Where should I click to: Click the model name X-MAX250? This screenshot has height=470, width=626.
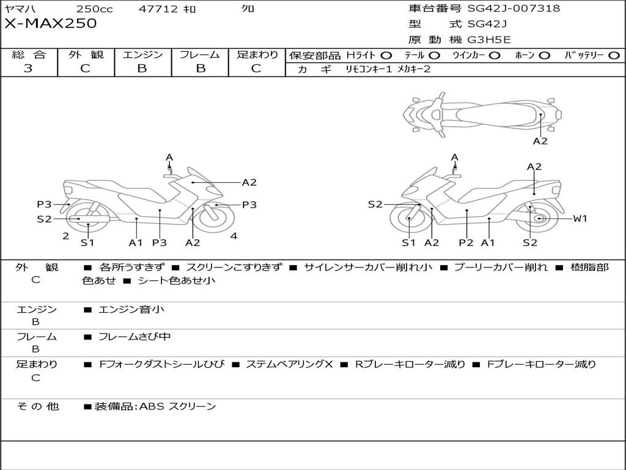tap(50, 23)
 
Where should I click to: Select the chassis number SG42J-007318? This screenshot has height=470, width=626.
tap(514, 9)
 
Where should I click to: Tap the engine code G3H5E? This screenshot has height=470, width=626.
tap(489, 40)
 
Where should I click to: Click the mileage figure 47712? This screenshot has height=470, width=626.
tap(158, 9)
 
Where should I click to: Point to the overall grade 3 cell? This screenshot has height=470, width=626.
tap(28, 68)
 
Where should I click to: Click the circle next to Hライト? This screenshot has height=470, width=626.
tap(386, 56)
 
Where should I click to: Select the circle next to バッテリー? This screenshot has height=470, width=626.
tap(614, 56)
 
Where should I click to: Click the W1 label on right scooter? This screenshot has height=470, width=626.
tap(580, 218)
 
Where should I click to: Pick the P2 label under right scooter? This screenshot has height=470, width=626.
tap(466, 242)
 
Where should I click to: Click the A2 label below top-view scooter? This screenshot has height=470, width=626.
tap(540, 141)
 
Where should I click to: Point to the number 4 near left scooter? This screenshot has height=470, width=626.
tap(234, 236)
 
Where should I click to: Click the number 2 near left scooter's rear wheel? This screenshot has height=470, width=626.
tap(66, 236)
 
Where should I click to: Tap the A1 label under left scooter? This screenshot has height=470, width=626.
tap(136, 242)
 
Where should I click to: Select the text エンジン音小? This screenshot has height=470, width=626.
tap(131, 309)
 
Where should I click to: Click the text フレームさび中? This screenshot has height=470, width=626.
tap(134, 337)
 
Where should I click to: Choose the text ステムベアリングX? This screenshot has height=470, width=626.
tap(289, 364)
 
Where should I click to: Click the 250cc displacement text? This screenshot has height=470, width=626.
tap(95, 9)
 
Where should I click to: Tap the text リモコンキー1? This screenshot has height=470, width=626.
tap(369, 69)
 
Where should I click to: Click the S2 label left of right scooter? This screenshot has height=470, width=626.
tap(375, 204)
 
